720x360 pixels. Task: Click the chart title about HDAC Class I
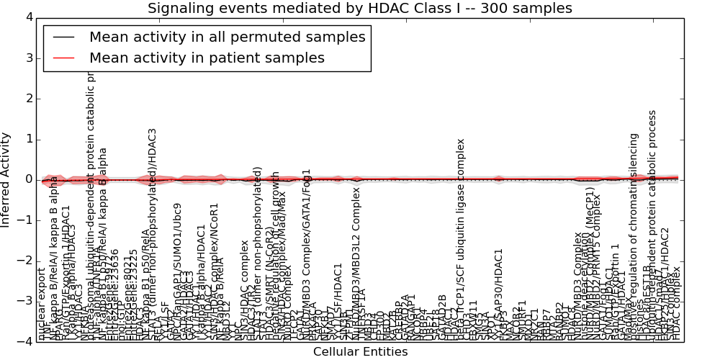[x=360, y=9]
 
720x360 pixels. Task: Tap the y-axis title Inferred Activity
[x=6, y=179]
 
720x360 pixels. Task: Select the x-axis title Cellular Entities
[x=360, y=352]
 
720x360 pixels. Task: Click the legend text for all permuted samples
[x=227, y=37]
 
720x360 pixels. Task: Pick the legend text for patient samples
[x=207, y=58]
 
